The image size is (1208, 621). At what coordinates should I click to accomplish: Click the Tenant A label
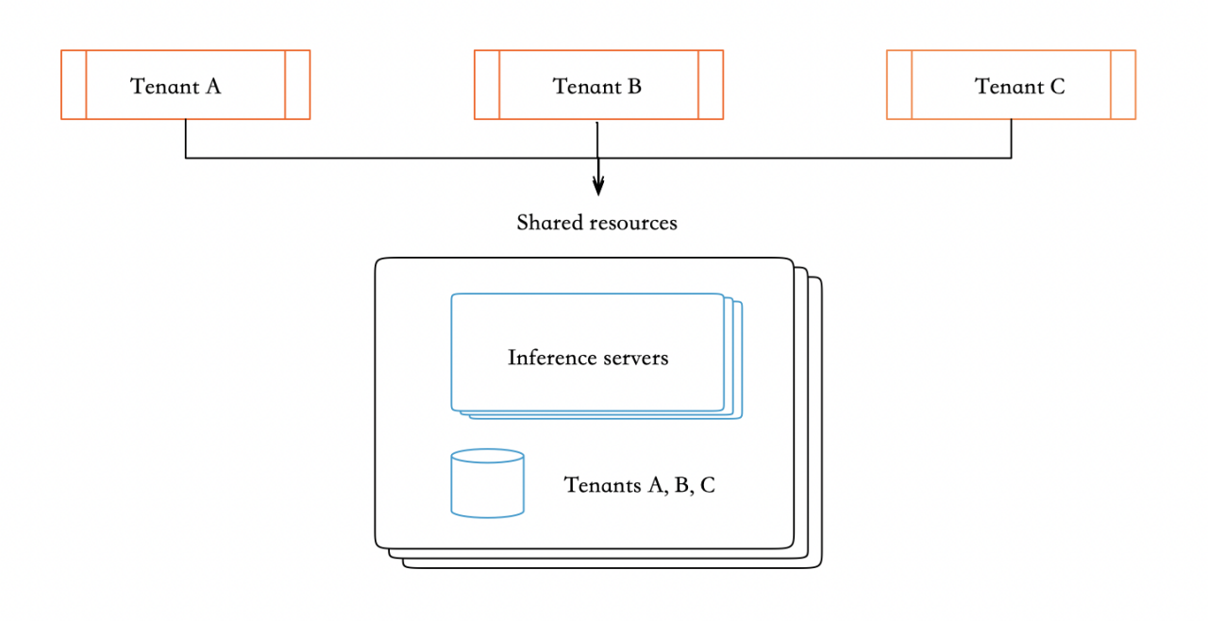point(176,86)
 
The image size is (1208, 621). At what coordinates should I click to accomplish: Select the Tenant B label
point(597,86)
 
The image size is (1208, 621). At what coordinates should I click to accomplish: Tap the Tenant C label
point(1019,86)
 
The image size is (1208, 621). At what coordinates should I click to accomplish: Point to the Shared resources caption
point(596,223)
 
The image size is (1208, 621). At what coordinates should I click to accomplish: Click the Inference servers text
point(588,358)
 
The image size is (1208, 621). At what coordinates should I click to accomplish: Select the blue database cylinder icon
point(487,484)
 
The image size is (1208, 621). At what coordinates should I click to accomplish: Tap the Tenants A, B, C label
point(639,485)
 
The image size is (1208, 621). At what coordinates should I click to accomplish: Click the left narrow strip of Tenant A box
point(74,85)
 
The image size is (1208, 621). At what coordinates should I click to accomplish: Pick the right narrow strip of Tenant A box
point(297,85)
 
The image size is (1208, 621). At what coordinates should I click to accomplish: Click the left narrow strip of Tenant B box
point(487,85)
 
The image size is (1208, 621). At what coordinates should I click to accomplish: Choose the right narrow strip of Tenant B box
point(711,85)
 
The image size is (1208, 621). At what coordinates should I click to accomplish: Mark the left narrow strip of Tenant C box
point(899,85)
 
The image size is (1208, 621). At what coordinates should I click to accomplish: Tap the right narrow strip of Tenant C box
point(1123,85)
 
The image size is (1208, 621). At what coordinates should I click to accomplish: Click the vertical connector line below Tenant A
point(186,139)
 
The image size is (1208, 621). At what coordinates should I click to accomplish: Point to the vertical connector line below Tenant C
point(1012,139)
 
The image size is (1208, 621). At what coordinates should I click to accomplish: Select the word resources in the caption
point(634,224)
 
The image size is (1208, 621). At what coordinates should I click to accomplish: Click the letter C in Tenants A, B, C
point(708,485)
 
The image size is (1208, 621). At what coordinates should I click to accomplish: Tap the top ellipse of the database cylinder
point(487,457)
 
